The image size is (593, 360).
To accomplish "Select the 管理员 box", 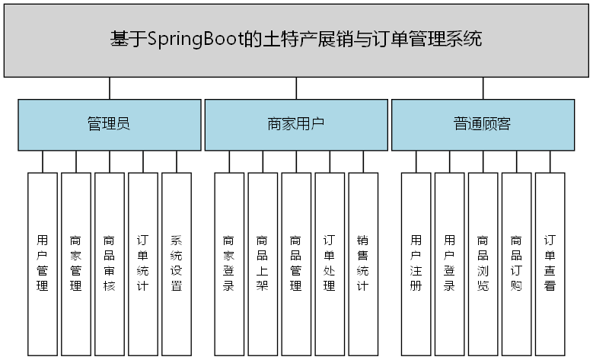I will [x=109, y=124].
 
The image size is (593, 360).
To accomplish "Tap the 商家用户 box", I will [x=295, y=124].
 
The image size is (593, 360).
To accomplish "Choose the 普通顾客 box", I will [x=482, y=124].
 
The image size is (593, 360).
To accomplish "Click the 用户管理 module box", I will [x=43, y=263].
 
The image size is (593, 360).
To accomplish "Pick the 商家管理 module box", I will [x=76, y=263].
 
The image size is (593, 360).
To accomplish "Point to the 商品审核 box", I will [x=110, y=263].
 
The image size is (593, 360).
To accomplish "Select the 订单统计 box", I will [x=143, y=263].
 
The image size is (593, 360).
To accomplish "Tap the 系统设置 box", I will [x=177, y=263].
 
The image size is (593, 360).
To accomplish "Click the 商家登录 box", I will [x=229, y=263].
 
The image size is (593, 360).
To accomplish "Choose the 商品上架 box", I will [x=263, y=263].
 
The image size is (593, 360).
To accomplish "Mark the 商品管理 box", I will [x=296, y=263].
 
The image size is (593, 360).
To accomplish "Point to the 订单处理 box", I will [x=330, y=263].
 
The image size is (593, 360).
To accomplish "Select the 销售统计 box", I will [x=363, y=263].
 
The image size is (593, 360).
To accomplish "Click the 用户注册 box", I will [x=416, y=263].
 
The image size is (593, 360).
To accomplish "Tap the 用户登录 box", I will [x=449, y=263].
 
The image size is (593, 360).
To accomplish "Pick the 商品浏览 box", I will [x=483, y=263].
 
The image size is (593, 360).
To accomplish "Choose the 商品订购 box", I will [x=516, y=263].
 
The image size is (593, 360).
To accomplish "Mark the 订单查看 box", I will [x=550, y=263].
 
